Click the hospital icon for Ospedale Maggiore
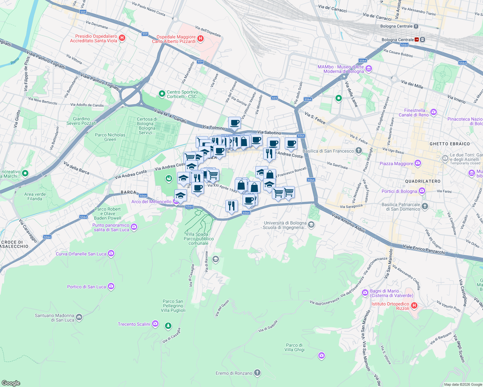pos(200,39)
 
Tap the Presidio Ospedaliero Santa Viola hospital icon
pos(122,38)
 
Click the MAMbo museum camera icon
pos(369,69)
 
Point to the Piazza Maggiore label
pos(396,164)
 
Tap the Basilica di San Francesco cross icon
pos(358,151)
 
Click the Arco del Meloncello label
pos(151,202)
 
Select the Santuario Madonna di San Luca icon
pos(79,317)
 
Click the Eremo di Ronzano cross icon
pos(257,373)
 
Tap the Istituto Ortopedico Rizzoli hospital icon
pos(414,306)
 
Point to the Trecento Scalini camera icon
pos(155,324)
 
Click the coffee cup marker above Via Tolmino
pos(234,123)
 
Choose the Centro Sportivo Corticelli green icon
pos(162,94)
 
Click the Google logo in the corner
pos(11,383)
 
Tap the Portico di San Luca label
pos(86,287)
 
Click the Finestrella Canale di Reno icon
pos(434,112)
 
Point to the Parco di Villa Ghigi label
pos(294,347)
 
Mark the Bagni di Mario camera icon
pos(365,293)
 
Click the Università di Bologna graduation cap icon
pos(311,225)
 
